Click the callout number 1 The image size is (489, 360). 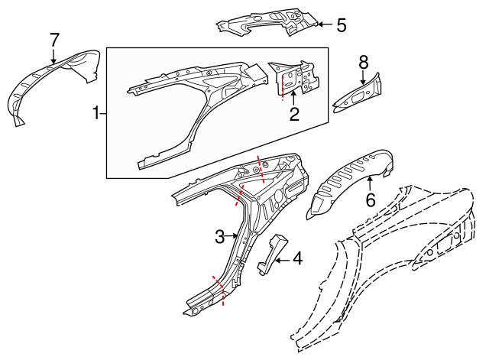click(x=96, y=112)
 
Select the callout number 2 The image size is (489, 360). click(x=294, y=114)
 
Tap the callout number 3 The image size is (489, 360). click(x=220, y=237)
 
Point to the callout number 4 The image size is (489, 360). click(x=297, y=258)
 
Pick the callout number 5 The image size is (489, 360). click(x=342, y=25)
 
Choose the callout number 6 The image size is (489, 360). click(x=370, y=200)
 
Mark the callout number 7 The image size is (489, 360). click(x=54, y=40)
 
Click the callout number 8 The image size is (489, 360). click(x=364, y=63)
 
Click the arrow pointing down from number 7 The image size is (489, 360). click(x=54, y=56)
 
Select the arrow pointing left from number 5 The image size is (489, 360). click(x=325, y=24)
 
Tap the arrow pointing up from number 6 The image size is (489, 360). click(x=370, y=183)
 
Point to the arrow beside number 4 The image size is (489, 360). click(x=283, y=260)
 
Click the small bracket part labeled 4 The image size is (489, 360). click(x=272, y=254)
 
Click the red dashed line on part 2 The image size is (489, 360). click(x=283, y=86)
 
